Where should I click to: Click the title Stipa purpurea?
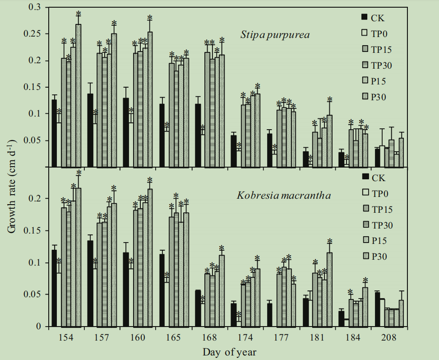point(275,35)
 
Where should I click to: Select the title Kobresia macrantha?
point(284,196)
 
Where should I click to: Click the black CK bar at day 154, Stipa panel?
point(54,133)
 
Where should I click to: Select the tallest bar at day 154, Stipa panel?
point(79,95)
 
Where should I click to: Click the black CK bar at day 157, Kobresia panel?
point(90,283)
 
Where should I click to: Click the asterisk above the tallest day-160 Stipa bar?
point(150,18)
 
